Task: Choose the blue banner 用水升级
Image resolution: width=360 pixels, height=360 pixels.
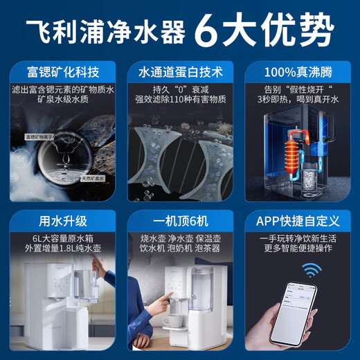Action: click(x=62, y=221)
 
